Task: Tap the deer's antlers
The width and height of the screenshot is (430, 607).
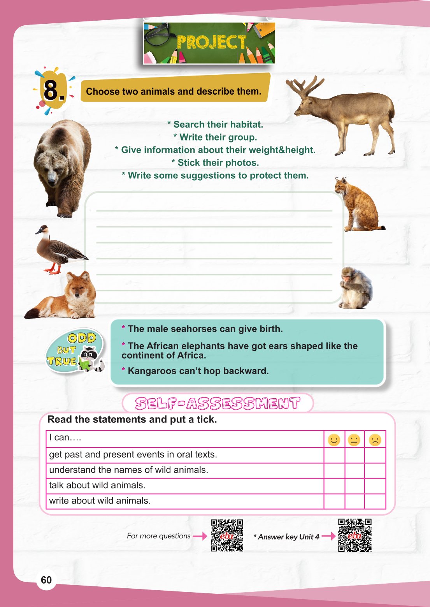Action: [307, 86]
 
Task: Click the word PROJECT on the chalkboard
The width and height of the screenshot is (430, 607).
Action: [211, 42]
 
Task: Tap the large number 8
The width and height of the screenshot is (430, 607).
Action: [52, 91]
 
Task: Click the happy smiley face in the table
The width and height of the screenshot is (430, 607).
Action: [334, 440]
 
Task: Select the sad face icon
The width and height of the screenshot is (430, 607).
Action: [375, 440]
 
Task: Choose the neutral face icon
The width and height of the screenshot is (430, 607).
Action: [354, 440]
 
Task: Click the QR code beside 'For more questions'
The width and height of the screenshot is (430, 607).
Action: [227, 535]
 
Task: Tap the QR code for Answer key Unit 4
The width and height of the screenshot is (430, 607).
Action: [355, 535]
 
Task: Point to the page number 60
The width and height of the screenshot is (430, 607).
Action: [46, 580]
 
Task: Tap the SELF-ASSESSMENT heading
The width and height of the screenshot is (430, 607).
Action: [218, 403]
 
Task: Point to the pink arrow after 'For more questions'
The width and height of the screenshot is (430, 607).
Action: [200, 536]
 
